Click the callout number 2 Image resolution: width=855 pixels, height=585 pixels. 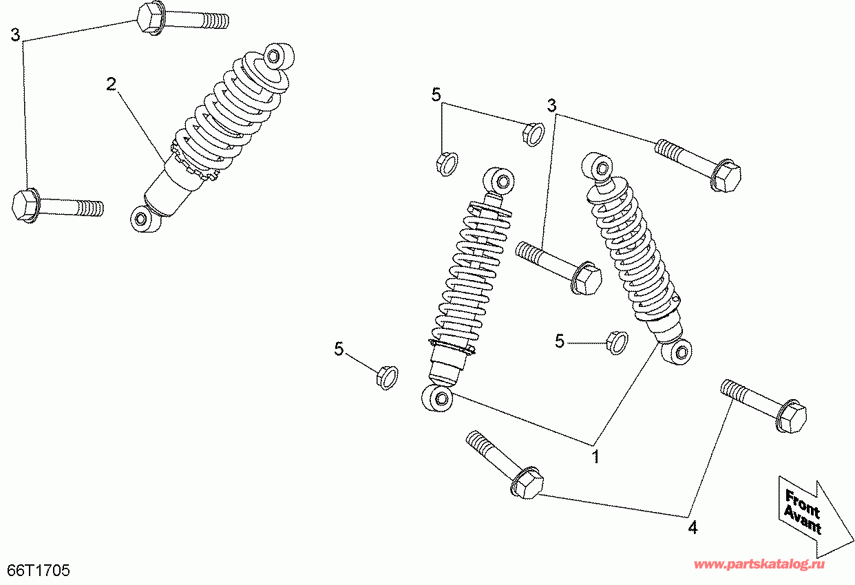point(111,85)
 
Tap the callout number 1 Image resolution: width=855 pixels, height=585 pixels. point(595,456)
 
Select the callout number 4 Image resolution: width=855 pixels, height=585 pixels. point(693,528)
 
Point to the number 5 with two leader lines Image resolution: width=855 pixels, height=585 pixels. point(436,95)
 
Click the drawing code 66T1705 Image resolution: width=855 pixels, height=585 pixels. point(39,571)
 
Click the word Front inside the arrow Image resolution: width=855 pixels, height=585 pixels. point(802,504)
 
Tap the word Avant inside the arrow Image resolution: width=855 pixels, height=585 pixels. point(802,520)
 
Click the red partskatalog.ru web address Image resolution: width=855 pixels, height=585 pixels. point(759,564)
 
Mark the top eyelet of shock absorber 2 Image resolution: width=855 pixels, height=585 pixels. point(279,57)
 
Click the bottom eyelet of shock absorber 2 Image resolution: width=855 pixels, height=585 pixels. point(145,219)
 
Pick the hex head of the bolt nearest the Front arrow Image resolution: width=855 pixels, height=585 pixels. point(792,416)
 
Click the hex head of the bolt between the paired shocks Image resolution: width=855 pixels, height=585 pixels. point(586,278)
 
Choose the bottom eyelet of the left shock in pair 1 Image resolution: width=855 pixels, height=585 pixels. point(437,398)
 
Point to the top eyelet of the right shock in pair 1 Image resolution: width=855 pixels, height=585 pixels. point(598,167)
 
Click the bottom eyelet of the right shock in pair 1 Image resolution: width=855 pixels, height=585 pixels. point(677,352)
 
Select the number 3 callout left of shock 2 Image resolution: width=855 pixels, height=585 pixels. point(15,34)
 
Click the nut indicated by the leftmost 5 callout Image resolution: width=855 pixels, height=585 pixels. point(387,377)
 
